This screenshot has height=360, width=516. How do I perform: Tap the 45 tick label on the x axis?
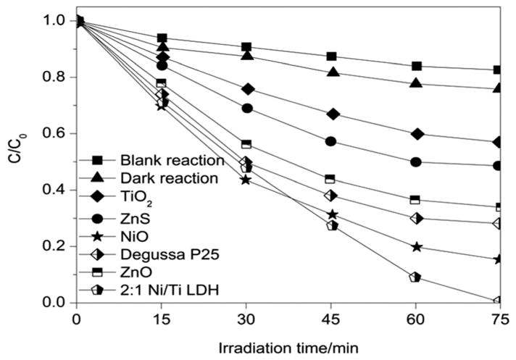coord(331,318)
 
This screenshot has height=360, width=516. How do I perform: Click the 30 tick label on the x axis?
coord(246,318)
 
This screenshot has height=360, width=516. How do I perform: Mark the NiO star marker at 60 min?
coord(416,247)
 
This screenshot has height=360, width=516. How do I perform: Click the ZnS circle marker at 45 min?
coord(331,141)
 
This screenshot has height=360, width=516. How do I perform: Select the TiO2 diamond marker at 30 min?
coord(247,89)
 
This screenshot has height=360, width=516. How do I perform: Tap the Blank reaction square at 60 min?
coord(416,66)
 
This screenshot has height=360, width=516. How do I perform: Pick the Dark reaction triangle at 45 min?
coord(331,72)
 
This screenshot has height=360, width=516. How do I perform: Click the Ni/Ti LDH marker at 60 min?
coord(415,277)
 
